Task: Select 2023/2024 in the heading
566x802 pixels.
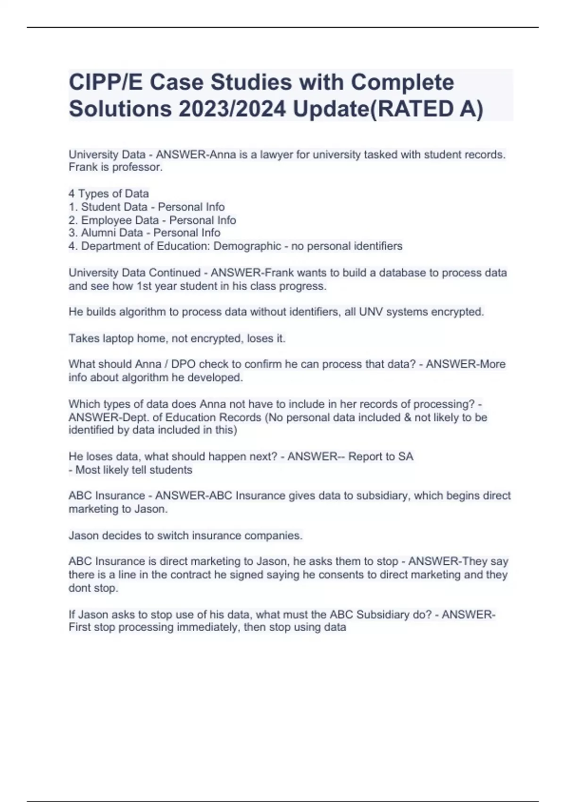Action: click(x=232, y=109)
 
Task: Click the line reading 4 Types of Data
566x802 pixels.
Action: click(x=108, y=193)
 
